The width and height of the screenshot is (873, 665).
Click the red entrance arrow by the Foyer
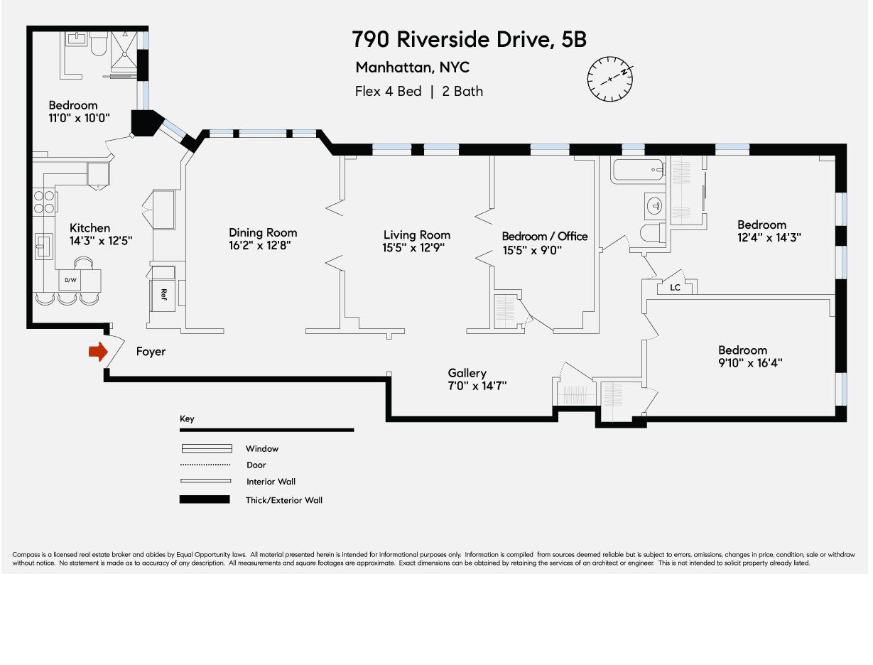pos(97,352)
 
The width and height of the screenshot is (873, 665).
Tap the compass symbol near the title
pos(610,78)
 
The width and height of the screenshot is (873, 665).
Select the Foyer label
pos(151,352)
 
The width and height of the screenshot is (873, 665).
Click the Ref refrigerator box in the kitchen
pos(163,293)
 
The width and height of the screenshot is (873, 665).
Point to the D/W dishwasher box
pos(71,281)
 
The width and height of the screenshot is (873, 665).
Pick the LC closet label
pos(675,288)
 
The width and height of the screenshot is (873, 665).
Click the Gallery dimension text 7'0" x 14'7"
pos(471,386)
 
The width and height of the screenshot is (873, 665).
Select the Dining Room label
pos(263,232)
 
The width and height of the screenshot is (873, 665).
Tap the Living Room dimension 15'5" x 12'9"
pos(416,248)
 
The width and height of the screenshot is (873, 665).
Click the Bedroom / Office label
pos(544,236)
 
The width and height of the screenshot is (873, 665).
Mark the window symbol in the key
pos(207,448)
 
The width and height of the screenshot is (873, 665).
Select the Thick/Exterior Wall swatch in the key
pos(205,499)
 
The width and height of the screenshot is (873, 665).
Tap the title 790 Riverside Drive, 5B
pos(470,40)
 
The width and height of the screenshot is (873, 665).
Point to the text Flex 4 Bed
pos(388,91)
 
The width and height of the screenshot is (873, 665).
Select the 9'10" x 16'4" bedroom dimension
pos(752,362)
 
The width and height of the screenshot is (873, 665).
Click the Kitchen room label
pos(90,228)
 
